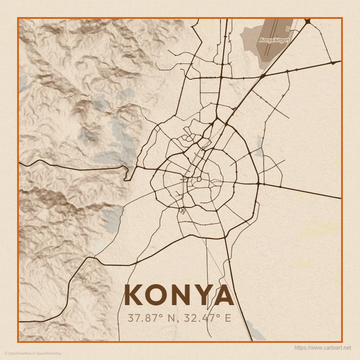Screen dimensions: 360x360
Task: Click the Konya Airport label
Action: [274, 40]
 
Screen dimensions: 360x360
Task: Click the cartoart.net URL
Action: [322, 348]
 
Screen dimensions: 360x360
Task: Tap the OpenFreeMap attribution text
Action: [17, 353]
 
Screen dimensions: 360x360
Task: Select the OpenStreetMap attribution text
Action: [47, 353]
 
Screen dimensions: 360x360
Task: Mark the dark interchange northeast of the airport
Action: [308, 21]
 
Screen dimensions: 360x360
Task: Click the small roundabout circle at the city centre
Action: [198, 179]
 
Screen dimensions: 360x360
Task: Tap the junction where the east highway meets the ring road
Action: [258, 184]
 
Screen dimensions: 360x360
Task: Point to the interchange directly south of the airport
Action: [262, 76]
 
